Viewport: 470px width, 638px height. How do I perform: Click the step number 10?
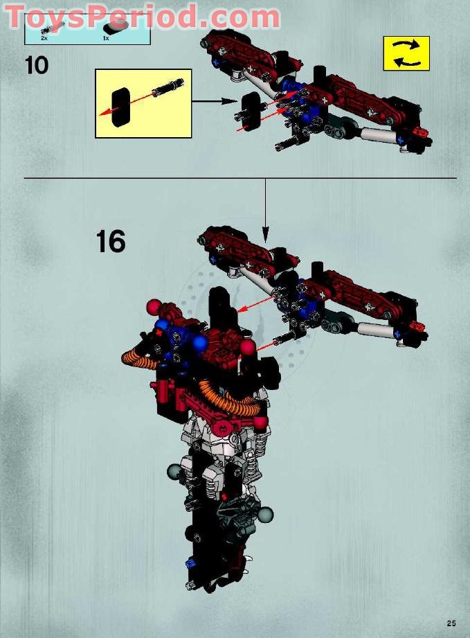[36, 65]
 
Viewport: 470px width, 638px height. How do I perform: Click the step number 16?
[111, 242]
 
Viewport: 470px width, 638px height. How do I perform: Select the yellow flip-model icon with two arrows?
[406, 53]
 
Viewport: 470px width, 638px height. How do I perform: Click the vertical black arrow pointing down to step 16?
[264, 208]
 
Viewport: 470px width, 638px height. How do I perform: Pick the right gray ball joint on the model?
[265, 514]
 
